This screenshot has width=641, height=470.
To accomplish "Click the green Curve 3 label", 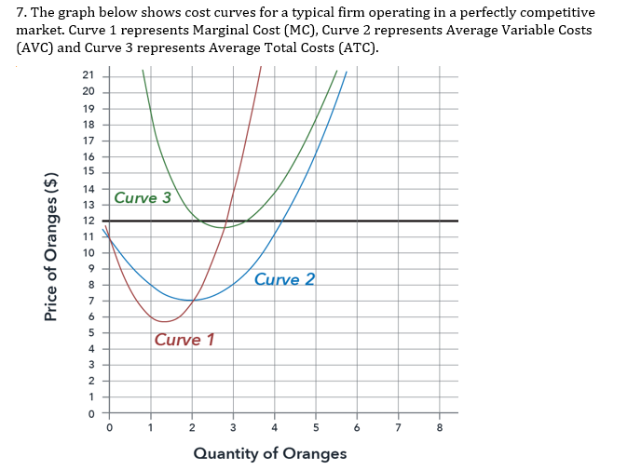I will click(143, 197).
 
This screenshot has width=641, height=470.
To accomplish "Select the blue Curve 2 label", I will click(284, 279).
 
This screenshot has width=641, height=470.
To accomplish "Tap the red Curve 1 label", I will click(184, 340).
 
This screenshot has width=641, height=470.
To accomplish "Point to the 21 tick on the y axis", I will click(89, 74).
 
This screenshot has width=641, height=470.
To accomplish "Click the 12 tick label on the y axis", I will click(89, 221).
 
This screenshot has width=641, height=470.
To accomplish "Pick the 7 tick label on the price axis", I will click(90, 301).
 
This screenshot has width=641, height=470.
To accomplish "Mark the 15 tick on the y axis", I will click(89, 171).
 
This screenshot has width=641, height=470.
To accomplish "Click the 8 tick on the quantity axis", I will click(440, 429).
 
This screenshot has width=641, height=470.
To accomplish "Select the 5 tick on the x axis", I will click(316, 429).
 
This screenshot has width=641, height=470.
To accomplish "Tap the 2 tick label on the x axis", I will click(192, 429).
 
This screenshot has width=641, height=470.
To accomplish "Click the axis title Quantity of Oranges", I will click(270, 453).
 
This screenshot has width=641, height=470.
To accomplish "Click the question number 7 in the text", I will click(21, 12).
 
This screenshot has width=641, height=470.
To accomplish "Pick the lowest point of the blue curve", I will click(192, 301).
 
